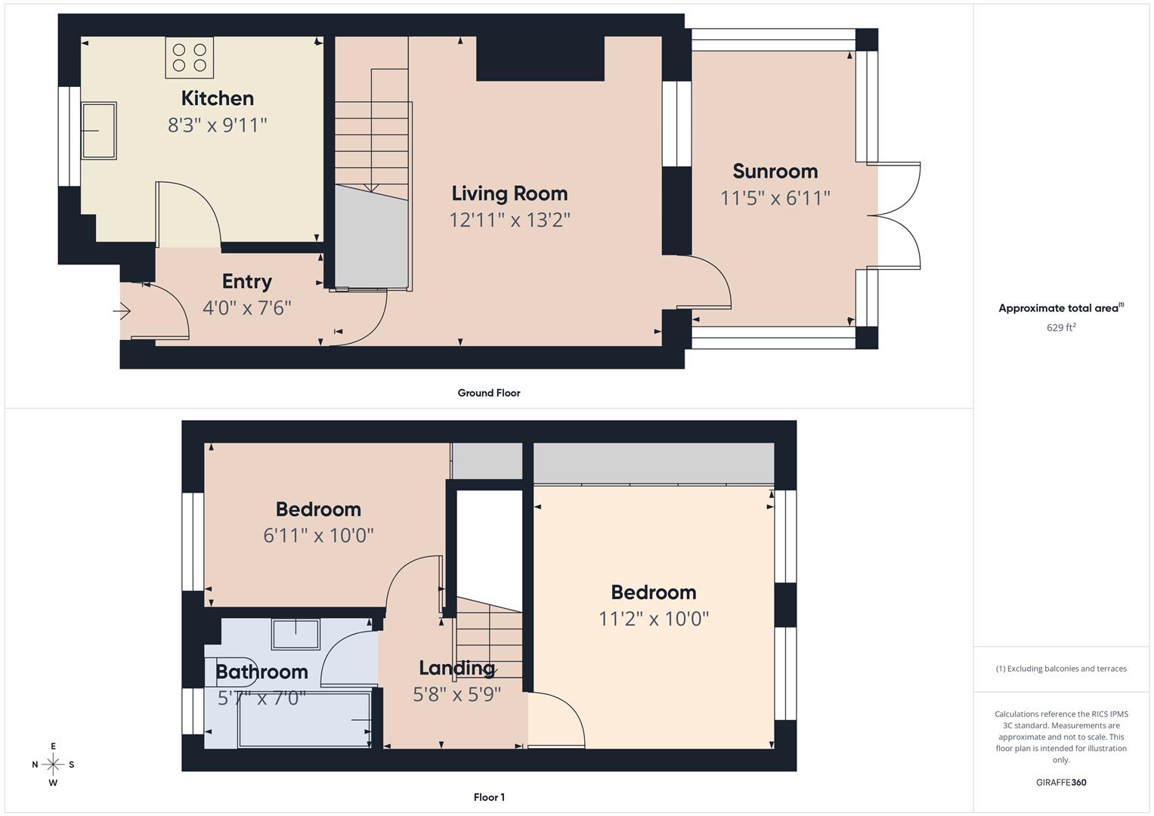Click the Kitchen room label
tap(217, 98)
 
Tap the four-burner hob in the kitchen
tap(189, 58)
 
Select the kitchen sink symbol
tap(99, 131)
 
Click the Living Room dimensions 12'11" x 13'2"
tap(509, 220)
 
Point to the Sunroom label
tap(775, 171)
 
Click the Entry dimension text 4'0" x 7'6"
tap(246, 308)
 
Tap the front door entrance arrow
tap(122, 311)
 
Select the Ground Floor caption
tap(488, 393)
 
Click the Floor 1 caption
tap(489, 797)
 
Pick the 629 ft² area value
tap(1061, 327)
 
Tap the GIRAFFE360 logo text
tap(1061, 782)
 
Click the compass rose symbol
tap(53, 765)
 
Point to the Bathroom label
tap(261, 671)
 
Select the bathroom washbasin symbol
tap(295, 634)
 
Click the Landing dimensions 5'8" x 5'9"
tap(456, 694)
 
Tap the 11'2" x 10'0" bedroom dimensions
tap(654, 619)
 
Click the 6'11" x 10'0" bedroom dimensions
tap(318, 536)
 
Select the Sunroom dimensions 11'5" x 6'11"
tap(775, 198)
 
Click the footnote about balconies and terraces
tap(1061, 669)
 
